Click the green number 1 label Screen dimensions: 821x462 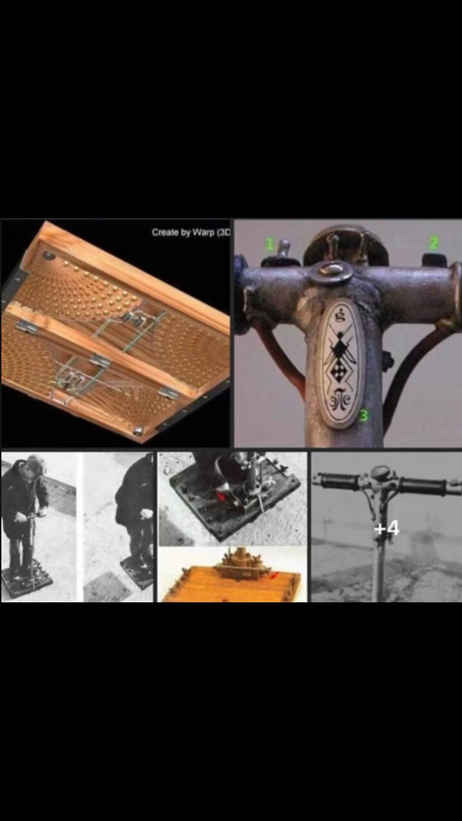click(x=270, y=244)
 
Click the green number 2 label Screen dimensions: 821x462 click(x=434, y=243)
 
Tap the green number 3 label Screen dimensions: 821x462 click(x=363, y=415)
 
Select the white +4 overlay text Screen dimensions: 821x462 click(x=387, y=529)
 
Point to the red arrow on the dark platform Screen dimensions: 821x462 click(x=221, y=496)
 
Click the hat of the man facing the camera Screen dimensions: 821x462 click(x=36, y=463)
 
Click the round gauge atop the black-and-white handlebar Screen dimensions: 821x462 click(x=381, y=473)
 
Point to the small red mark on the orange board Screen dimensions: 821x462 click(x=275, y=575)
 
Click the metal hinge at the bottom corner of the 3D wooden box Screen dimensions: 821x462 click(x=137, y=430)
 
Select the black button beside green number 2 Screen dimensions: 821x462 click(x=435, y=259)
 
